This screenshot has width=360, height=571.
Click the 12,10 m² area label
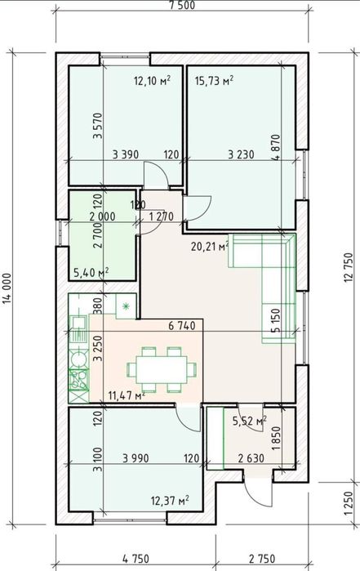153,81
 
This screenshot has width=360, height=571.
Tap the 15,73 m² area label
214,81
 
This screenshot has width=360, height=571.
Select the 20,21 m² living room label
210,247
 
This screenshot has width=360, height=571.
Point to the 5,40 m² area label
91,272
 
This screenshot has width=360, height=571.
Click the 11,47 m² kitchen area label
127,395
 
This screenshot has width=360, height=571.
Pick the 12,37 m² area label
170,502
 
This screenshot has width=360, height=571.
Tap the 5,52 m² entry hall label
249,422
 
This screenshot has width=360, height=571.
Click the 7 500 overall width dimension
182,5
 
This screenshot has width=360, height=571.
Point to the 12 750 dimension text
348,268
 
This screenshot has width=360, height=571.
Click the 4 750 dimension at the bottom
136,558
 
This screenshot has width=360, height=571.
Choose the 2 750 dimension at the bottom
262,558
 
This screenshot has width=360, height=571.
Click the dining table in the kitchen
162,369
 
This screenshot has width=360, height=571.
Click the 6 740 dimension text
182,326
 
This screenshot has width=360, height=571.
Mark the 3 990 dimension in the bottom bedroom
136,458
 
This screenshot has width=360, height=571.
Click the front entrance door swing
258,492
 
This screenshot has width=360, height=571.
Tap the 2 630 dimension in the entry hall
251,458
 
